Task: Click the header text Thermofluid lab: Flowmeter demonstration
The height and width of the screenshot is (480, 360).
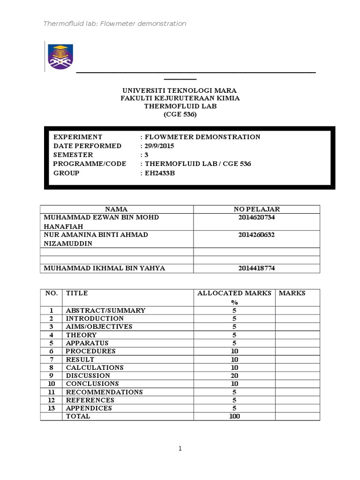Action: [114, 23]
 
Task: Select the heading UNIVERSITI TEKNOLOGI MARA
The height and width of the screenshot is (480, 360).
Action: [180, 90]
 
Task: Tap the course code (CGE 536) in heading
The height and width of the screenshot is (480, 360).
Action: [180, 114]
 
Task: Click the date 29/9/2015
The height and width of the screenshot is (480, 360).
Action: [160, 146]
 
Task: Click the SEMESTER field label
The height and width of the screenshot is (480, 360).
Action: [73, 155]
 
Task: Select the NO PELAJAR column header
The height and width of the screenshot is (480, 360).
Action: [256, 209]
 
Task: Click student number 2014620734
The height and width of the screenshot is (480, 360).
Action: [256, 217]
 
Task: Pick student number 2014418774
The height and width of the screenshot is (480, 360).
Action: [256, 268]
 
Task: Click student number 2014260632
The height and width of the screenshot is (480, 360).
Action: [256, 234]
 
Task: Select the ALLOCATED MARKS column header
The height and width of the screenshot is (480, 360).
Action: [234, 293]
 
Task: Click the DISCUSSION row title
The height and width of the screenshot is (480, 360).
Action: [88, 375]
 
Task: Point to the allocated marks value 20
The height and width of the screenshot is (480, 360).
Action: [234, 375]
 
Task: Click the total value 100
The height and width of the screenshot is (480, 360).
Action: [234, 416]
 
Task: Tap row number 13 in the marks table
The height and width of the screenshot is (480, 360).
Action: [51, 408]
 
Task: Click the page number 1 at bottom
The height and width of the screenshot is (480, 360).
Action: [180, 449]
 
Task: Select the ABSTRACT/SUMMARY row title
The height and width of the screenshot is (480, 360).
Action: [105, 310]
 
